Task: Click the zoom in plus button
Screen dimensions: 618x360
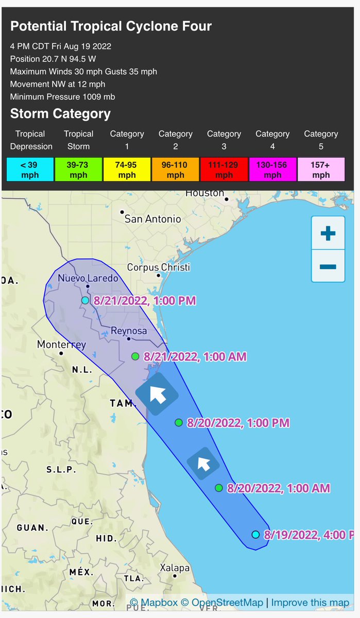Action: coord(328,234)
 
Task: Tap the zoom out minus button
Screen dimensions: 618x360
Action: coord(328,266)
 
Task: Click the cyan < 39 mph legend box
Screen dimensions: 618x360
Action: coord(30,169)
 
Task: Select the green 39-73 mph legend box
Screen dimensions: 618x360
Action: coord(78,169)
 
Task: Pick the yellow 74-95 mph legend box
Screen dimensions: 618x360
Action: coord(127,169)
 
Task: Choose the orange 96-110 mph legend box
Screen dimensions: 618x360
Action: coord(175,169)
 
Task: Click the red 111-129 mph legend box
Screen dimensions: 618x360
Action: coord(224,169)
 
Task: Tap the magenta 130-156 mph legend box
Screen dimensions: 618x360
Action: coord(272,169)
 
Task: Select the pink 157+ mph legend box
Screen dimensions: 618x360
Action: coord(321,169)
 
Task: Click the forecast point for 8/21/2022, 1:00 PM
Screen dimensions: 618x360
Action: coord(85,300)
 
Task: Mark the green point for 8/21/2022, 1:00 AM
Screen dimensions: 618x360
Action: coord(135,356)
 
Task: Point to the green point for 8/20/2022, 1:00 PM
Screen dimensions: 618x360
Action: coord(179,423)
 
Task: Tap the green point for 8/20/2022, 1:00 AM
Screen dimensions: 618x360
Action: coord(219,488)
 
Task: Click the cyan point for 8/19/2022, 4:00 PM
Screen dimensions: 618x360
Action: coord(255,535)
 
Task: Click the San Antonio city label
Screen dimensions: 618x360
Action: coord(153,219)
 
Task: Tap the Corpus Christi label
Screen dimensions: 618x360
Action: coord(158,267)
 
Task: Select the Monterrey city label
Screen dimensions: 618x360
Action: coord(61,345)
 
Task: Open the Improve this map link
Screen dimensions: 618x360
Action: coord(310,603)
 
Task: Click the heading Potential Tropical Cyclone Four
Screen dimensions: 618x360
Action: coord(111,27)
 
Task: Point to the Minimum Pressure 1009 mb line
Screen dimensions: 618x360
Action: coord(62,96)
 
